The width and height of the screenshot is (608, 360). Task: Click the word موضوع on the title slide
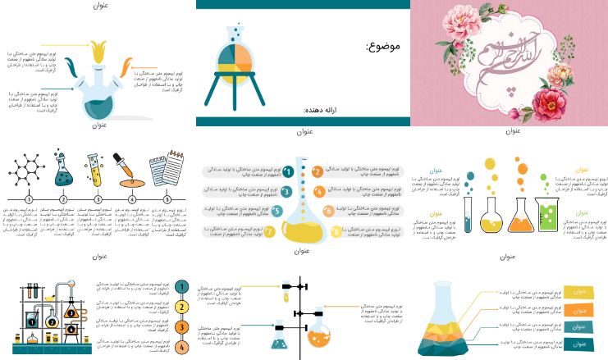(x=382, y=46)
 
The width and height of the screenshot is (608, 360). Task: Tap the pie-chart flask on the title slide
(x=239, y=64)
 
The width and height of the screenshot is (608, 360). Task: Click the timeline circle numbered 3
(x=98, y=199)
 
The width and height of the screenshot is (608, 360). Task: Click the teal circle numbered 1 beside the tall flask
(x=288, y=172)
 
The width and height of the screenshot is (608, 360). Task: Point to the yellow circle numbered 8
(x=336, y=231)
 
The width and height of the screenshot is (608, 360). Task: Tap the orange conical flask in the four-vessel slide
(x=519, y=216)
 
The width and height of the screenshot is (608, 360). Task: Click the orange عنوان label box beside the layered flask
(x=579, y=310)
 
